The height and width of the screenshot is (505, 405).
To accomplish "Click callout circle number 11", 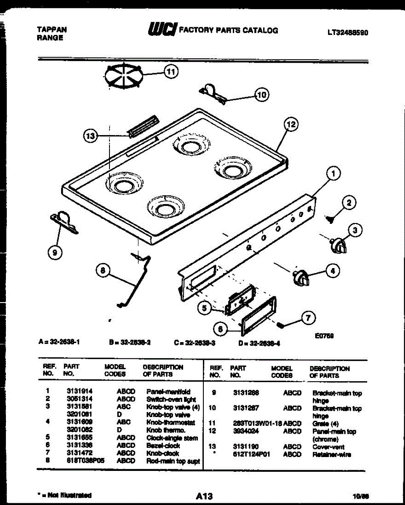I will click(171, 72).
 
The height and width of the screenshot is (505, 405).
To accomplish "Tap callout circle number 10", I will click(262, 95).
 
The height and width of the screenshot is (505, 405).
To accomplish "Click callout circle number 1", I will click(333, 173).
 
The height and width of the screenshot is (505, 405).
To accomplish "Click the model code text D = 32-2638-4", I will click(260, 343).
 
